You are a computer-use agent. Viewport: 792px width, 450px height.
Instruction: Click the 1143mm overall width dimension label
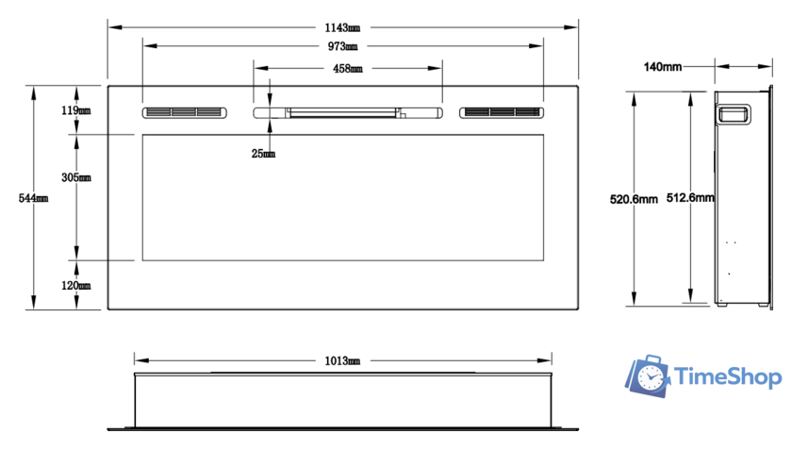[342, 27]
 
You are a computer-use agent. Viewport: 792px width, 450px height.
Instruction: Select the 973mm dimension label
[342, 46]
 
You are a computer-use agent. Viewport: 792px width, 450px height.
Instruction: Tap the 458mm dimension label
[348, 68]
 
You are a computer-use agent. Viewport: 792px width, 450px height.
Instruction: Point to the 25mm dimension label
[263, 153]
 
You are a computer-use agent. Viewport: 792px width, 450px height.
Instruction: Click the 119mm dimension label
[75, 110]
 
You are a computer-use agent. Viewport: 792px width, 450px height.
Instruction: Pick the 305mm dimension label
[76, 177]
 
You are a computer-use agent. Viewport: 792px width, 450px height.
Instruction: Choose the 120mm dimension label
[75, 286]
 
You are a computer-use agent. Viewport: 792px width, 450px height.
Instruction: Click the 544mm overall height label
[33, 198]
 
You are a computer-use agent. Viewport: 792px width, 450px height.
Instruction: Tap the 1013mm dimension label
[342, 360]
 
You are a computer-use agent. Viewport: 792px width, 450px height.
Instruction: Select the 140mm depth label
[662, 67]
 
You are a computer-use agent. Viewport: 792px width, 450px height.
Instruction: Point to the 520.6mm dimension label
[634, 199]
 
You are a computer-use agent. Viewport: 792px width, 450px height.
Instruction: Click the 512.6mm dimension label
[690, 198]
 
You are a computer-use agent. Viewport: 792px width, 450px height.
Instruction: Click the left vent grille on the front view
[185, 113]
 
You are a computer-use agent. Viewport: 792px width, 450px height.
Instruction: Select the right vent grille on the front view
[502, 113]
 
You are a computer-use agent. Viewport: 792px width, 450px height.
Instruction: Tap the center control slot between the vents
[348, 113]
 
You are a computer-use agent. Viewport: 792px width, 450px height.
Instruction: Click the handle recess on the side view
[734, 115]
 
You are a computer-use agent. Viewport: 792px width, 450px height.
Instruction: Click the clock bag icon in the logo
[648, 375]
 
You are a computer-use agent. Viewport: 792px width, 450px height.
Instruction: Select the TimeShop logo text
[728, 377]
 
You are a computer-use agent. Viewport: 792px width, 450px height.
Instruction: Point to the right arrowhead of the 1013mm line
[545, 360]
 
